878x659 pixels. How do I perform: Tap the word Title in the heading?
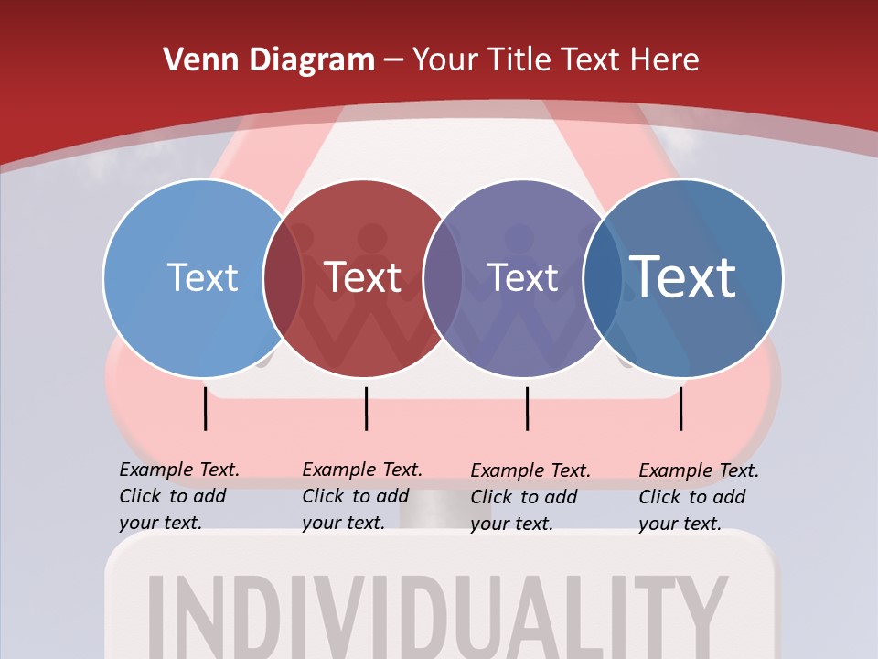point(521,59)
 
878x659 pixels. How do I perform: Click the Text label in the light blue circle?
point(202,277)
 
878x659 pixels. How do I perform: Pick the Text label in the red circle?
point(363,277)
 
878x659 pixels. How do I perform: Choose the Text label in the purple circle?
point(522,277)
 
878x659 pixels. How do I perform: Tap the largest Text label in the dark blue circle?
point(683,276)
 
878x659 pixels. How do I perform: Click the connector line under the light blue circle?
point(206,408)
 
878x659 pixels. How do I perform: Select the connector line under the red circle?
point(366,408)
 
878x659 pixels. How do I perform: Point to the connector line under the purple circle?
point(527,408)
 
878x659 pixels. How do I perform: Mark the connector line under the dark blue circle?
point(680,408)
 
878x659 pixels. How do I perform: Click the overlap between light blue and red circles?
point(283,278)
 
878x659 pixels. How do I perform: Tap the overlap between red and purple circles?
point(443,278)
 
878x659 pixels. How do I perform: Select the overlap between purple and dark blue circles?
point(603,278)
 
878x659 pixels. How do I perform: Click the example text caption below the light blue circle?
point(178,496)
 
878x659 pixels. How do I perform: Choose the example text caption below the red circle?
point(361,496)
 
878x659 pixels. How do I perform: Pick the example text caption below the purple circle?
point(530,497)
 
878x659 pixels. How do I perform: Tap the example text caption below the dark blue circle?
point(698,497)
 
